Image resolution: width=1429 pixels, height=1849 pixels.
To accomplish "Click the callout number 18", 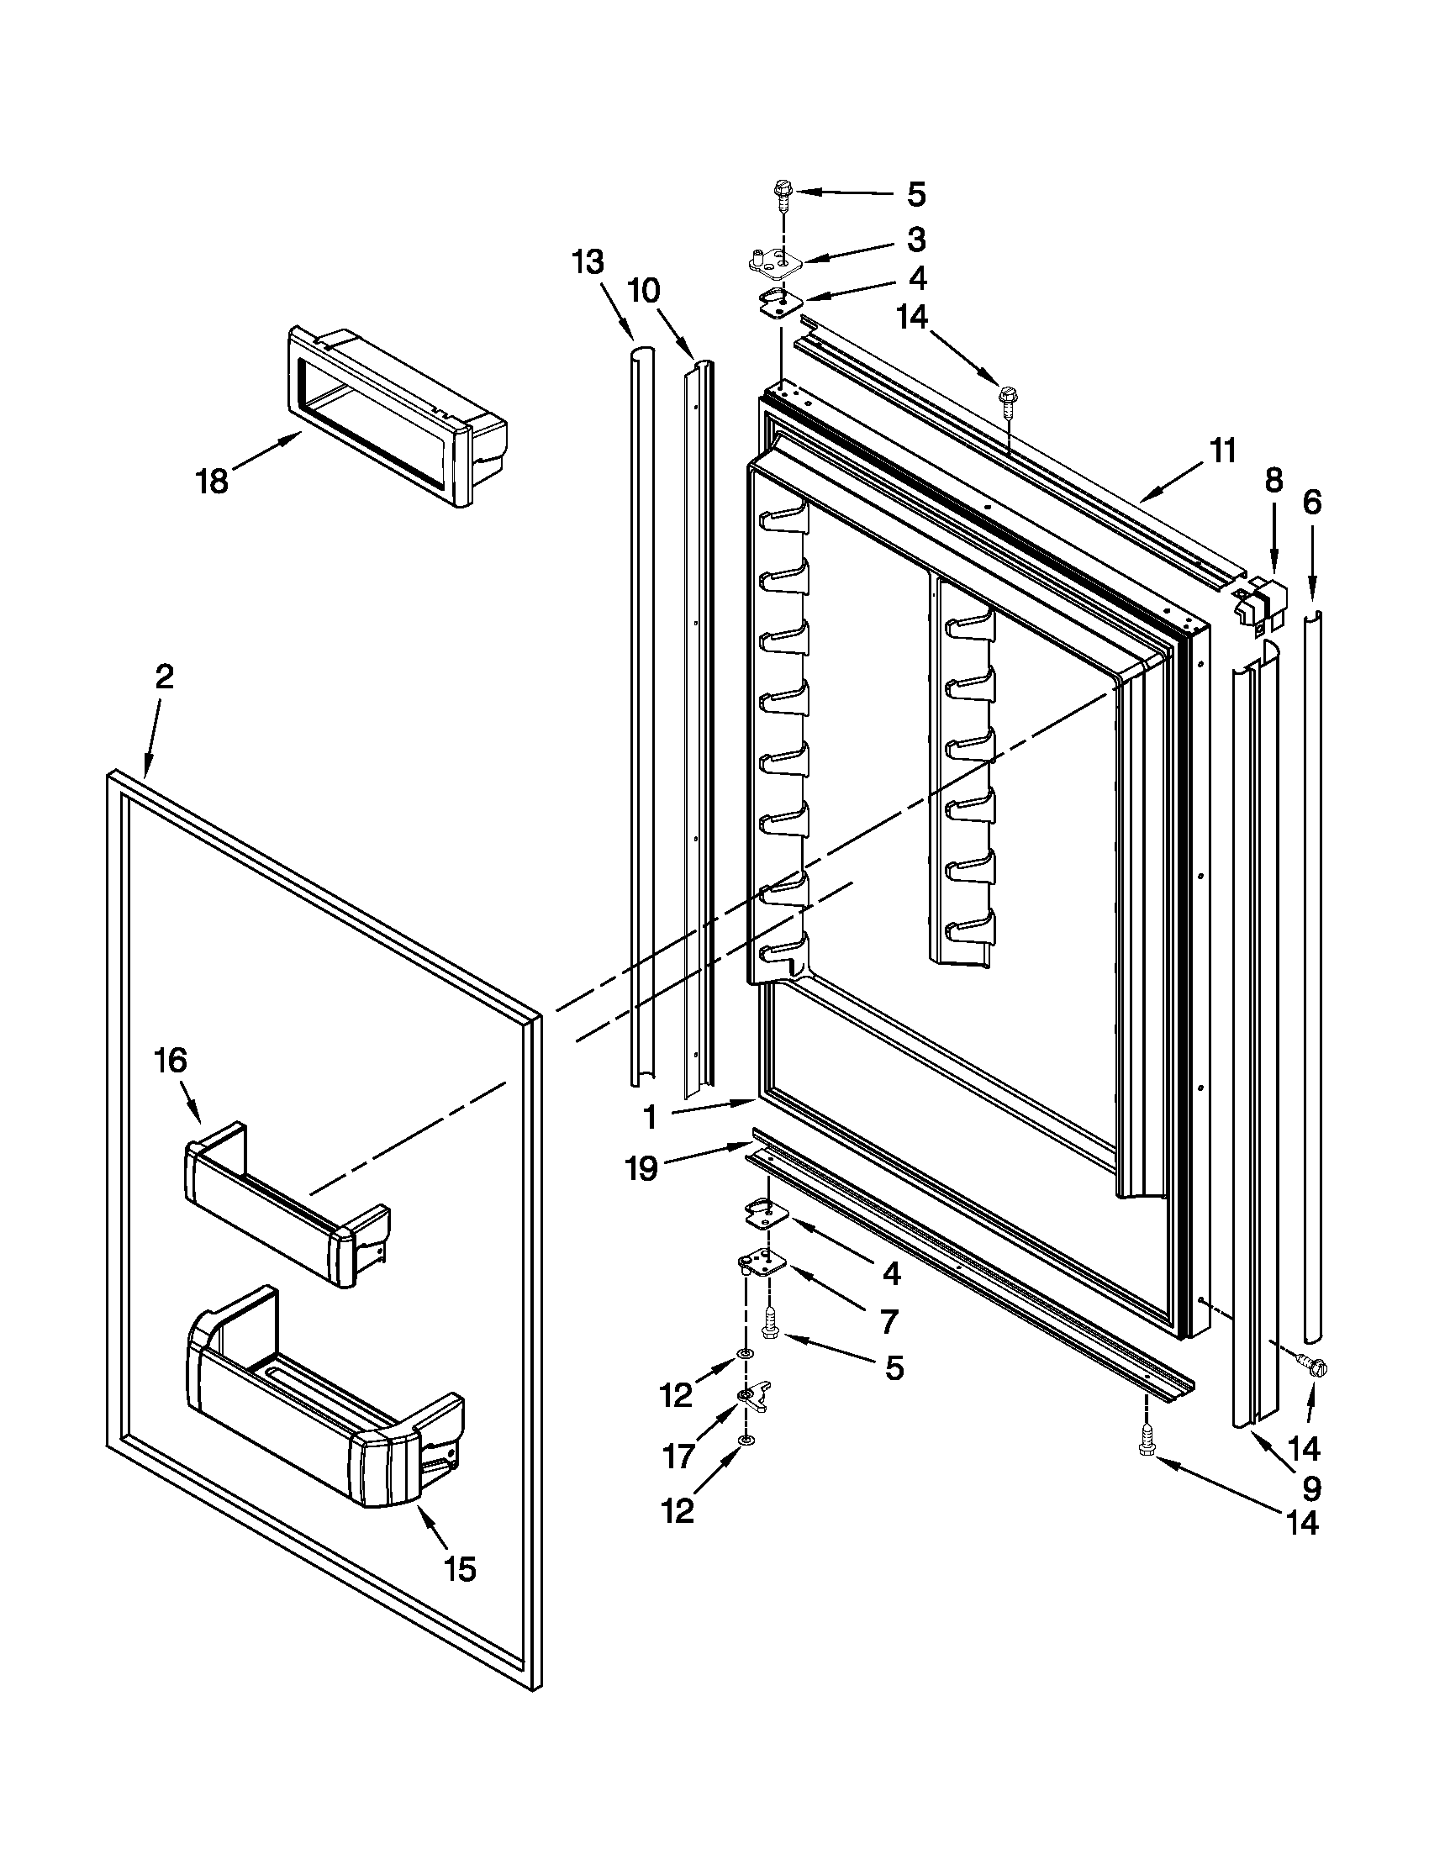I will [212, 482].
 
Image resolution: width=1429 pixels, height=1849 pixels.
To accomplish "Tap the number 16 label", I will [171, 1060].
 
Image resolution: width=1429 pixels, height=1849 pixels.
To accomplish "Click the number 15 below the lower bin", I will [460, 1569].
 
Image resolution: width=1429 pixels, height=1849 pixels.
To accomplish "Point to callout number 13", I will [587, 261].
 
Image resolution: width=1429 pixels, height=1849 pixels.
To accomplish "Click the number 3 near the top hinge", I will [916, 240].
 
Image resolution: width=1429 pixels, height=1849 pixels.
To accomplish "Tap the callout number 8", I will [1273, 480].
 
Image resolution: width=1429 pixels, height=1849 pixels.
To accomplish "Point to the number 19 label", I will [641, 1169].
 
